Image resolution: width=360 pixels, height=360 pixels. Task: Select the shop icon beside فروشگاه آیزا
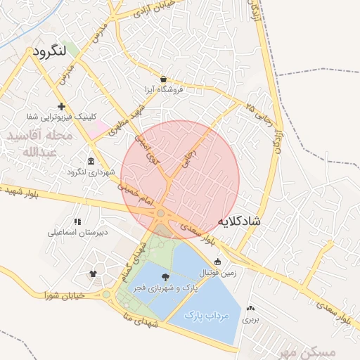click(164, 79)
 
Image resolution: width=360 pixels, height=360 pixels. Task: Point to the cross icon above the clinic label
click(62, 106)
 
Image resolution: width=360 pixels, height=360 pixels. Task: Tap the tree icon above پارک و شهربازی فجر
click(165, 278)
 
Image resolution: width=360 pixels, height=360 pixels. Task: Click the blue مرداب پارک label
click(207, 316)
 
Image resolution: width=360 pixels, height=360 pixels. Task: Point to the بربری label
click(251, 319)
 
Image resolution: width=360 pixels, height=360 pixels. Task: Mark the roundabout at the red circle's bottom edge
click(161, 213)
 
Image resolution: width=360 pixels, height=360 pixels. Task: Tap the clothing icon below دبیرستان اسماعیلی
click(92, 273)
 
